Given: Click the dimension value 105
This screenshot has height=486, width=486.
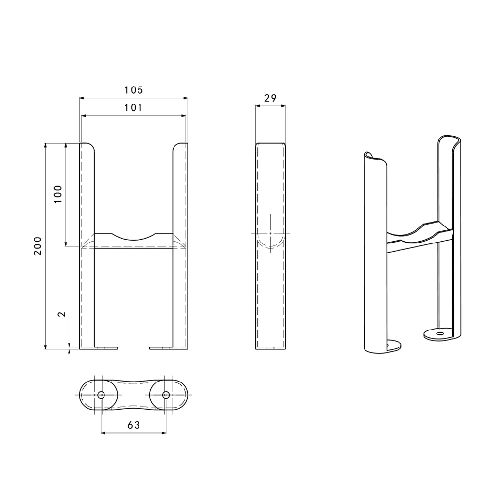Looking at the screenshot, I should (133, 90).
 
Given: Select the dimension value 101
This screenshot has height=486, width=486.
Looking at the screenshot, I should (133, 108).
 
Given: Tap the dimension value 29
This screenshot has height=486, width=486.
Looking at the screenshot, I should (270, 98).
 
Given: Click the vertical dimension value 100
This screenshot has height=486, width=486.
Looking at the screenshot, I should (58, 194).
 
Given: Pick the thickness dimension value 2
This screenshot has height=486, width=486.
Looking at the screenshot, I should (61, 314).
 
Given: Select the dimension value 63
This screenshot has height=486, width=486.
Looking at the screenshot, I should (134, 425).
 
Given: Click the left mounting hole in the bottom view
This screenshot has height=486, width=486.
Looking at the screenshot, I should (101, 395).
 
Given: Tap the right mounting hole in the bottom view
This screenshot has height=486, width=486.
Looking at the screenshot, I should (166, 395).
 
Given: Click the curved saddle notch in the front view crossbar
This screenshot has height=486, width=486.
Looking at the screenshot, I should (134, 237).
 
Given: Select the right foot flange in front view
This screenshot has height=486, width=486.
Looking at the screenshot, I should (161, 347).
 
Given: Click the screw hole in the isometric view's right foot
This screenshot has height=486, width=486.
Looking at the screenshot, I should (440, 334).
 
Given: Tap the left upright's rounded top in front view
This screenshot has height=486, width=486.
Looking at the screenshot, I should (87, 145).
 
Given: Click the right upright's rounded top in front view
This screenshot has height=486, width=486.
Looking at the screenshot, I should (179, 145).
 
